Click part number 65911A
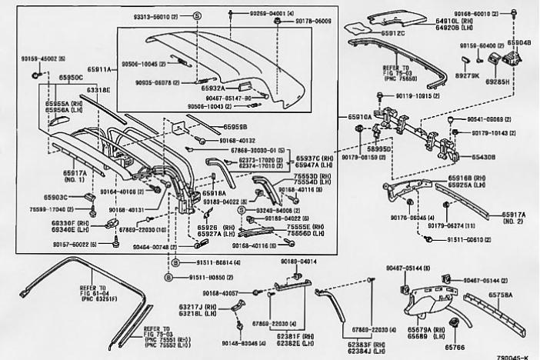pos(102,68)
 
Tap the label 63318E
pos(98,90)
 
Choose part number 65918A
pos(213,193)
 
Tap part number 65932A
pos(213,88)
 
